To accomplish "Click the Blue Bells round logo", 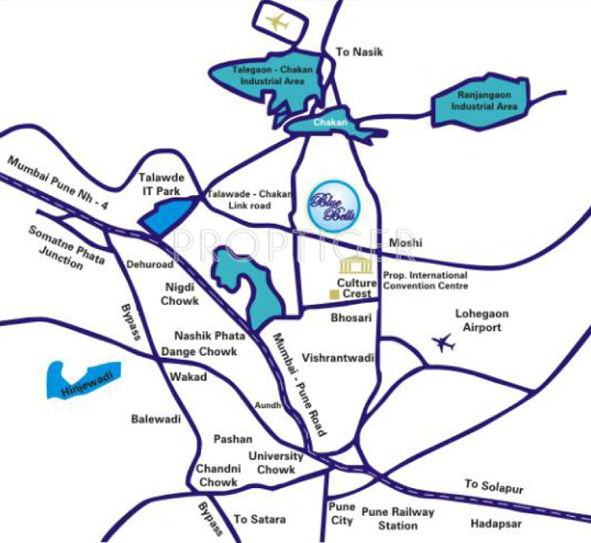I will point(333,206).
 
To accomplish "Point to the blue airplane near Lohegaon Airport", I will point(442,343).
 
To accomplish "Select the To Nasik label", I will point(360,52).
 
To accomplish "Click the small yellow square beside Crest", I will point(333,294).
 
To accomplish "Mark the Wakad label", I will point(187,377).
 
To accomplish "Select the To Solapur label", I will point(494,487).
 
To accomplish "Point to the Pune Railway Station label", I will point(398,519).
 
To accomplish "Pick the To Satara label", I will point(259,519).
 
